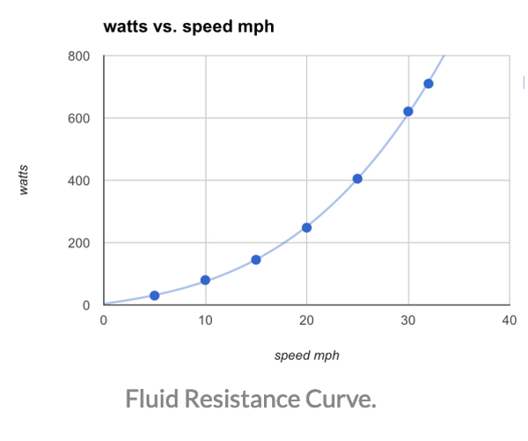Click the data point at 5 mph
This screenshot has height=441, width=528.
(x=155, y=296)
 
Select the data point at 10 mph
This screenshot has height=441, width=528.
(x=205, y=280)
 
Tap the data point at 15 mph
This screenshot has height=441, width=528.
(x=256, y=260)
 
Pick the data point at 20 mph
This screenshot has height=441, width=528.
(x=307, y=227)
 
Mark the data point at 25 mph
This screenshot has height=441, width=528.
(x=357, y=179)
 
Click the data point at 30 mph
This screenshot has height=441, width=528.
(x=408, y=112)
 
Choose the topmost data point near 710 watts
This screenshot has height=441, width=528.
(x=429, y=84)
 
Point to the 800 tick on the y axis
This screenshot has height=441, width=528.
(x=78, y=56)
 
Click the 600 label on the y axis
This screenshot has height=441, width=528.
(x=78, y=119)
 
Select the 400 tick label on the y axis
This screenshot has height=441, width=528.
(x=78, y=180)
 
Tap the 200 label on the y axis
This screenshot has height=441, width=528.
(x=78, y=243)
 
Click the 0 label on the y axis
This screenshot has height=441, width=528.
(x=86, y=305)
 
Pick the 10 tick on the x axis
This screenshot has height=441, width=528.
(x=205, y=320)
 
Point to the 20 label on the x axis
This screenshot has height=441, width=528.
(x=306, y=320)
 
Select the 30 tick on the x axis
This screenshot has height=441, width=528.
(x=408, y=320)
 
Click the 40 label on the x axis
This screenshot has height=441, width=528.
(x=509, y=320)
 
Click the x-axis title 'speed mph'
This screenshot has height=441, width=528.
(x=306, y=356)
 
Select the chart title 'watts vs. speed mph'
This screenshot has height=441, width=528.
(x=188, y=26)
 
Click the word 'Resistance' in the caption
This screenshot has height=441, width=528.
(x=246, y=400)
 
